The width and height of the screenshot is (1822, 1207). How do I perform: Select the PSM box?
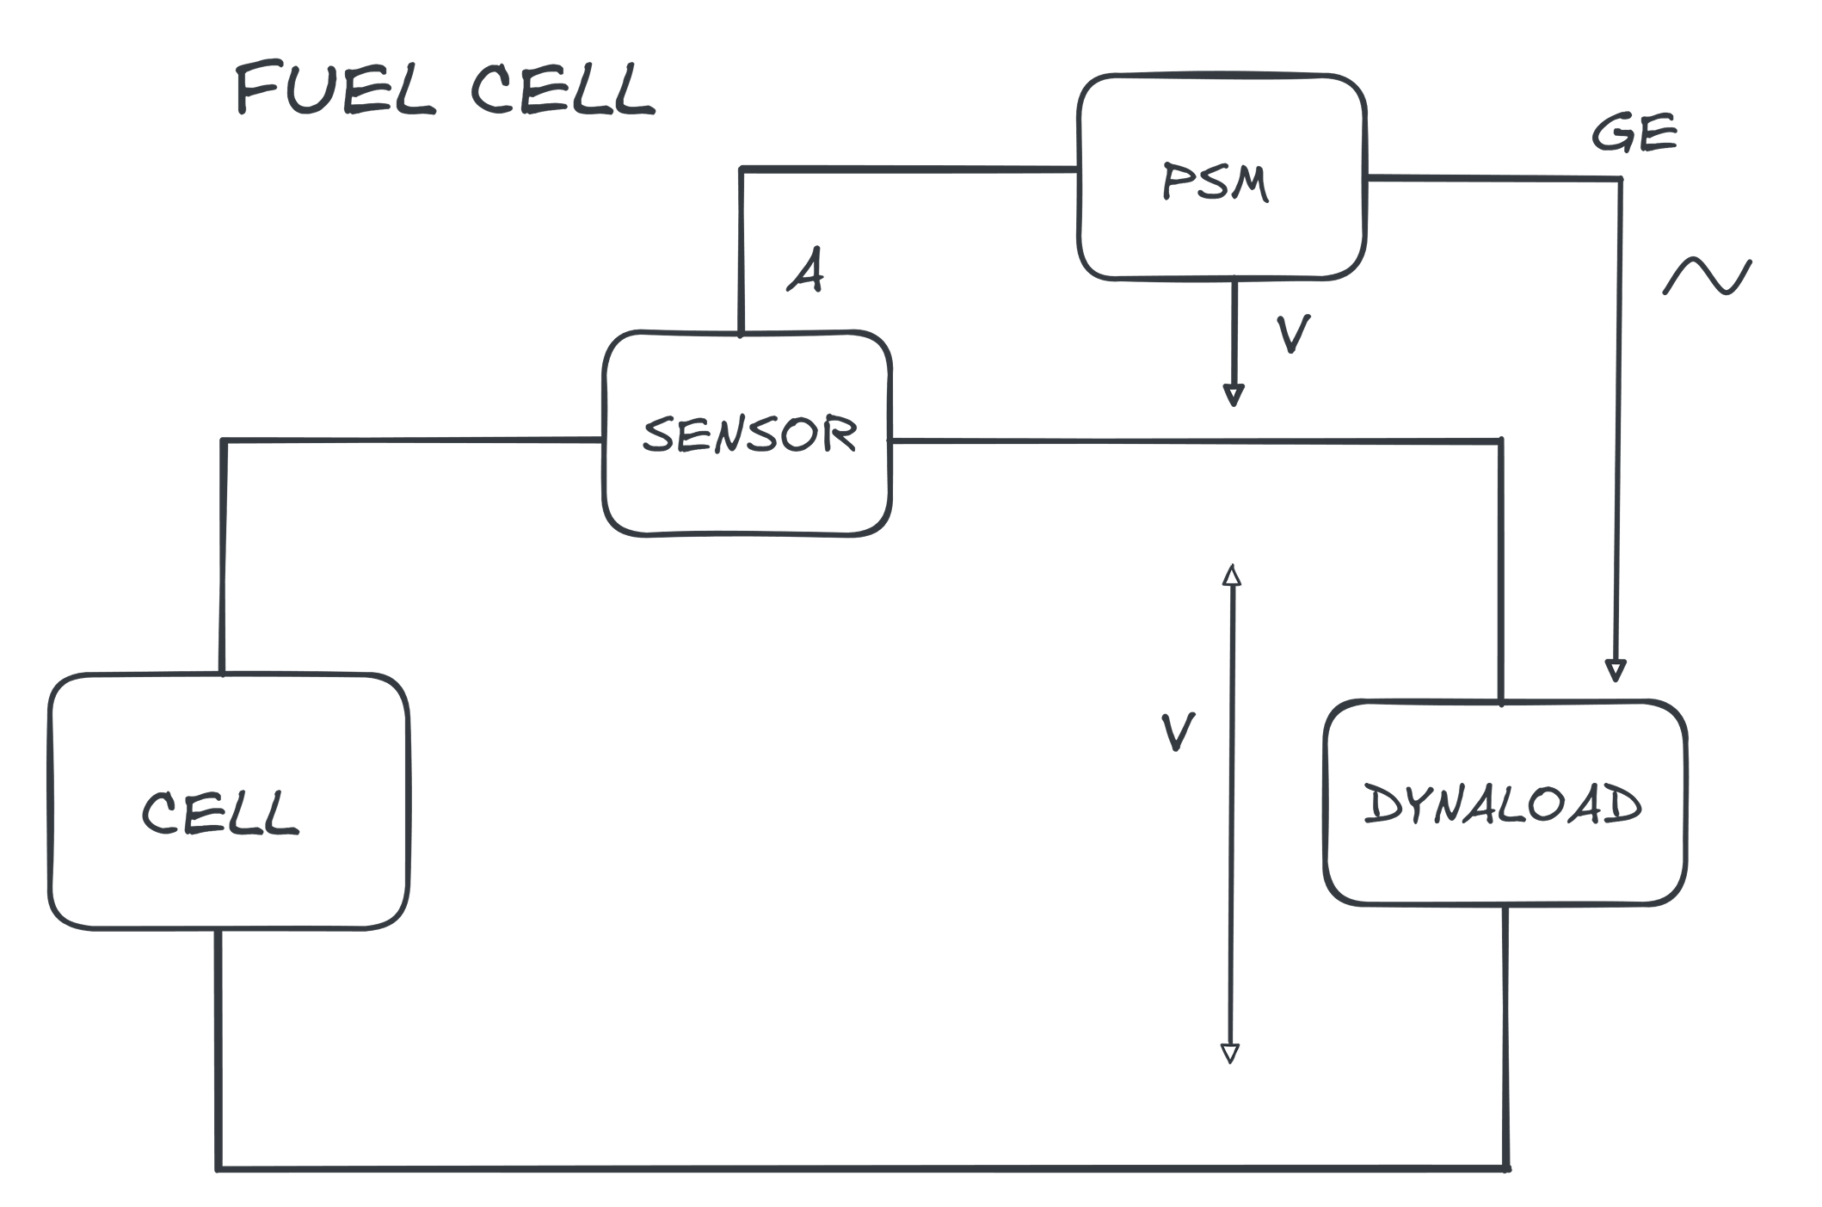coord(1222,177)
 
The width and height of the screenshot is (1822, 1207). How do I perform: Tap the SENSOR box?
coord(748,434)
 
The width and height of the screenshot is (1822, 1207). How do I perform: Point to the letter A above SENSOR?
coord(806,273)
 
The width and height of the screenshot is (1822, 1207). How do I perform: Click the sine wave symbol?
coord(1706,279)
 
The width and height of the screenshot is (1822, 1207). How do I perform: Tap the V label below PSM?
coord(1292,334)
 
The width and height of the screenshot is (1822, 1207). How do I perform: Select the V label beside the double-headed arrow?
coord(1177,732)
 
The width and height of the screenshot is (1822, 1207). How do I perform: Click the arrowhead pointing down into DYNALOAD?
coord(1616,670)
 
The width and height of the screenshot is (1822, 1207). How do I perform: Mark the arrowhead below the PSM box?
coord(1234,395)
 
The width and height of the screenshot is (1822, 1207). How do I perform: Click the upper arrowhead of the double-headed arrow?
coord(1232,576)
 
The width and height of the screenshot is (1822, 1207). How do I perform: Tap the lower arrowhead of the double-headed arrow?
coord(1231,1053)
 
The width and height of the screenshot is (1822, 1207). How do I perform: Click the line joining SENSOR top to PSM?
coord(903,169)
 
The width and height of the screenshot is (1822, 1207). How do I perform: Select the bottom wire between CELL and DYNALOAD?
coord(860,1167)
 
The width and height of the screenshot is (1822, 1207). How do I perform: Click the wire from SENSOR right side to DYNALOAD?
coord(1204,441)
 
